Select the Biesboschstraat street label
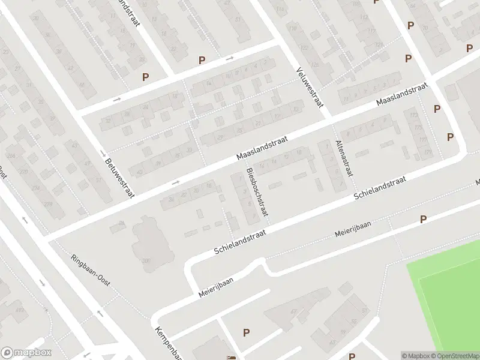coord(256,193)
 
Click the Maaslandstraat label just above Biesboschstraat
coord(262,147)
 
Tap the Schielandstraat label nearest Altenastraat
coord(380,188)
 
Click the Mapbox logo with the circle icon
coord(26,353)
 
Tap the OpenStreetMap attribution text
coord(458,356)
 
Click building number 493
coord(20,310)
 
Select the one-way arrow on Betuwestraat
coord(103,154)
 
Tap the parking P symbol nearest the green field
coord(424,220)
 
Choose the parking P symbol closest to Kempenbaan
coord(245,332)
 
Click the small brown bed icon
coord(231,358)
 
